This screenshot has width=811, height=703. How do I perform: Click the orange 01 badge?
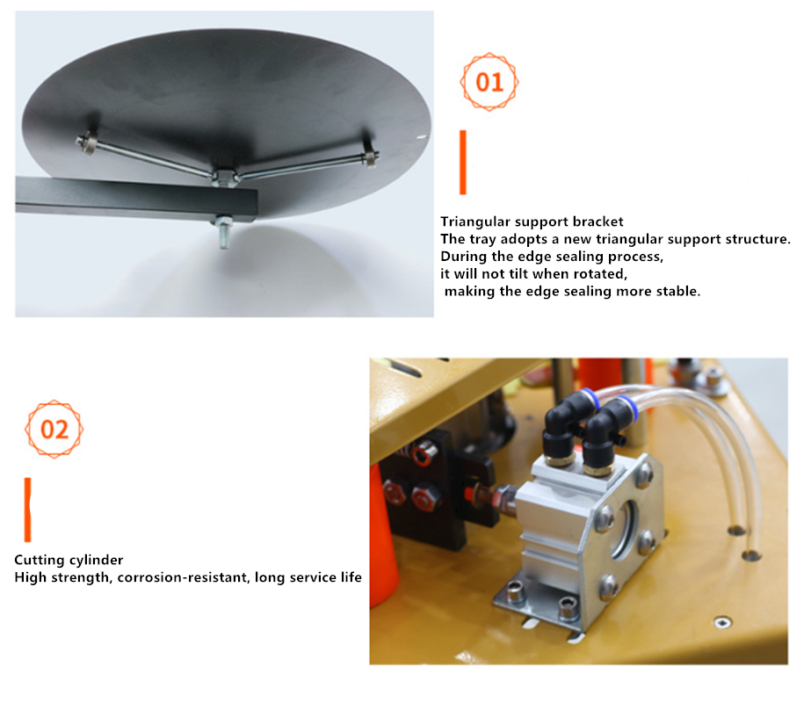point(489,82)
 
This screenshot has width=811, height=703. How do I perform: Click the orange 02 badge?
point(54,430)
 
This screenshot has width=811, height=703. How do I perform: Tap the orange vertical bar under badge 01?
point(463,163)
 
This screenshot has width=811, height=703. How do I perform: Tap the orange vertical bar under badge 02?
point(28,510)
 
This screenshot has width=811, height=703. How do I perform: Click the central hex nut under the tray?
point(224,178)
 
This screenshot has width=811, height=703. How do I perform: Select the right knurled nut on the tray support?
point(370,157)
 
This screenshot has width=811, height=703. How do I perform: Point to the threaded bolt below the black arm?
point(224,232)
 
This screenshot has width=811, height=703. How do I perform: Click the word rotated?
point(602,273)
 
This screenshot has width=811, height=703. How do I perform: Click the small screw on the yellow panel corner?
point(722,622)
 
